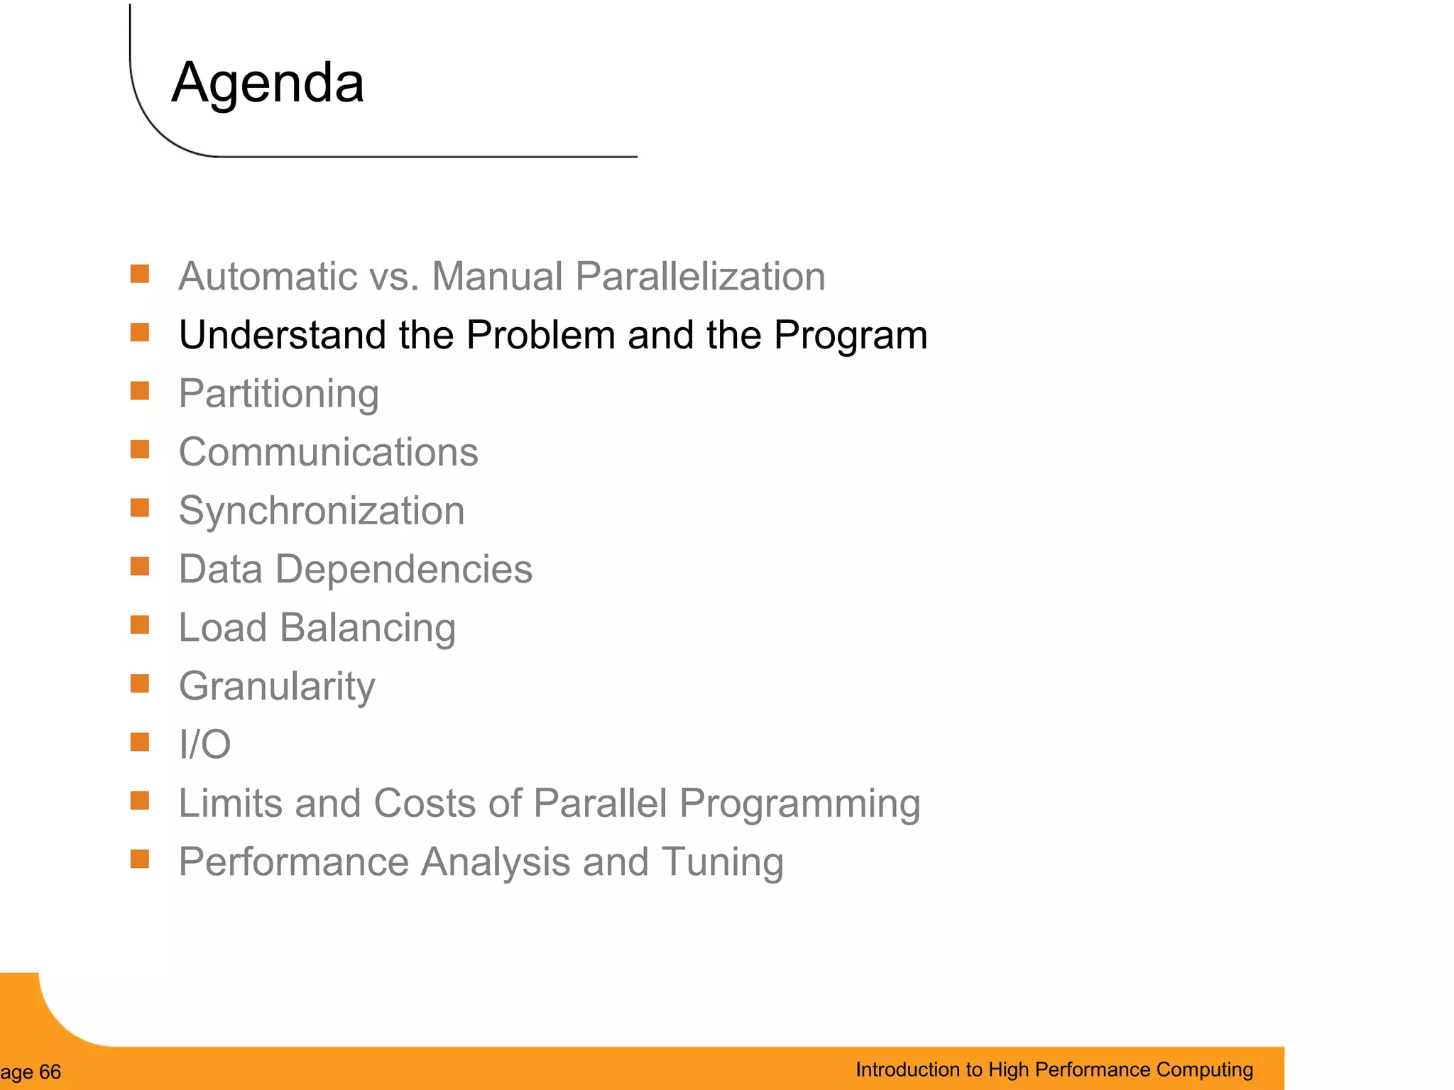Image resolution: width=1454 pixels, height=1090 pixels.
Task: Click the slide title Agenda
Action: click(x=268, y=83)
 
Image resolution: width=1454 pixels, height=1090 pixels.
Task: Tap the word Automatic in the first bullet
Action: click(x=267, y=276)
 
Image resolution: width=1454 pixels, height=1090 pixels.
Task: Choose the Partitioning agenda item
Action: click(x=278, y=394)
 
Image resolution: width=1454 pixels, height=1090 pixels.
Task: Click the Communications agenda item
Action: click(x=328, y=452)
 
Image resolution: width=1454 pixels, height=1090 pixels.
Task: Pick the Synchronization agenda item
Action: click(x=322, y=511)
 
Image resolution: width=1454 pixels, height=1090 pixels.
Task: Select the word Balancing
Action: click(x=367, y=628)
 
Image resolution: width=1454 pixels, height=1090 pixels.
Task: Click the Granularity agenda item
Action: click(x=277, y=686)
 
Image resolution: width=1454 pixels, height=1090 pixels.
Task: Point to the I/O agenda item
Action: click(x=204, y=744)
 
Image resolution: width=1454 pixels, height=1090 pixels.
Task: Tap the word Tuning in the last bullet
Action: click(x=722, y=861)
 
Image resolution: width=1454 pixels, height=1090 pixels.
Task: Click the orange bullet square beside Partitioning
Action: click(x=140, y=391)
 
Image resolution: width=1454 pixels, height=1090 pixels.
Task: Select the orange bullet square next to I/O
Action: click(x=140, y=742)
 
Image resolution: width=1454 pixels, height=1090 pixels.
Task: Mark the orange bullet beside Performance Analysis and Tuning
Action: click(x=140, y=859)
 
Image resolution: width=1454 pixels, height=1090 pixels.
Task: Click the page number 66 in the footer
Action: click(x=50, y=1072)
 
